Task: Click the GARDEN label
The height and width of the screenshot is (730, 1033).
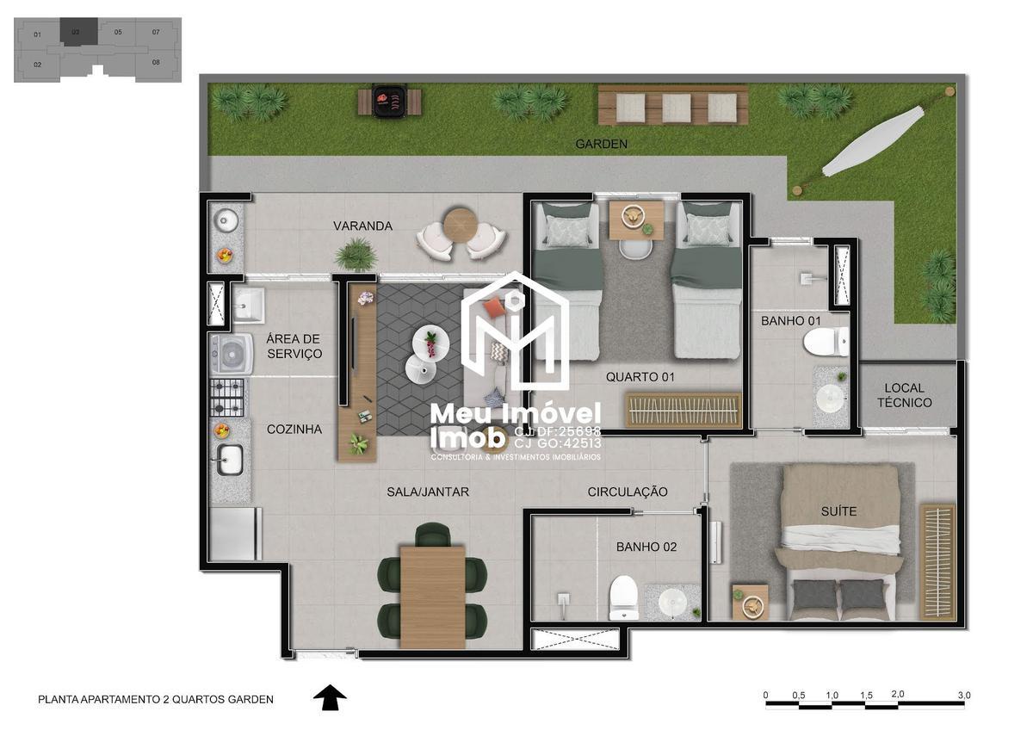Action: tap(601, 145)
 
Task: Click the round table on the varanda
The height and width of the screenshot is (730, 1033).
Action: tap(460, 226)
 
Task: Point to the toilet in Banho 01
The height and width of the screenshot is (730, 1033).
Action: tap(825, 343)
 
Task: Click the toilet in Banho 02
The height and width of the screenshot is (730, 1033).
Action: tap(623, 597)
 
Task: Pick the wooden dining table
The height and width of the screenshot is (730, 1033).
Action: tap(432, 594)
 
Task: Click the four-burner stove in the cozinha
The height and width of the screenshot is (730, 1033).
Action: tap(228, 397)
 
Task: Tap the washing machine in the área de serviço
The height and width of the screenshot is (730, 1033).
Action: tap(230, 353)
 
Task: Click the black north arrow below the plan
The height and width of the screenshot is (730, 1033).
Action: tap(329, 697)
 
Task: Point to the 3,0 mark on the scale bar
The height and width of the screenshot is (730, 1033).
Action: tap(963, 695)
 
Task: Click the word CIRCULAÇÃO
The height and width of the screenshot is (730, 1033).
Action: tap(628, 492)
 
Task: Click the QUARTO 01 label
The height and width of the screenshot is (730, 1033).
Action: tap(640, 377)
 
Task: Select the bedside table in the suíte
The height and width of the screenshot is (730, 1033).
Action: tap(750, 603)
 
